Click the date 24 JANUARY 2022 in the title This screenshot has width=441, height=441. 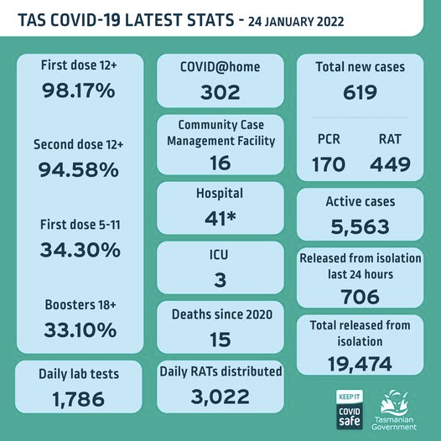coord(296,22)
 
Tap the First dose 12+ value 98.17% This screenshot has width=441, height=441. coord(79,91)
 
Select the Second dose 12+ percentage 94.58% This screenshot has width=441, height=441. coord(79,170)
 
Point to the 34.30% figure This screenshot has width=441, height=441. coord(80,250)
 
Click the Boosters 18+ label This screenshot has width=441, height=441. coord(80,304)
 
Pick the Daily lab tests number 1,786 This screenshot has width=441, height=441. coord(79,399)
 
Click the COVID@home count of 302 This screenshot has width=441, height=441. coord(220,92)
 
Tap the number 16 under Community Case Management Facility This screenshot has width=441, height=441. coord(220,163)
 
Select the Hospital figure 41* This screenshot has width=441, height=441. coord(220,218)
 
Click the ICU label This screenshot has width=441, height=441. coord(219,255)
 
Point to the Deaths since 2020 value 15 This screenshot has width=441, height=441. coord(220,340)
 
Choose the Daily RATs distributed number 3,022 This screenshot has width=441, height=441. coord(220,397)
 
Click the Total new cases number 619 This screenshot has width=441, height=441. coord(360,92)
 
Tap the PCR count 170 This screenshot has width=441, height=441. coord(329,164)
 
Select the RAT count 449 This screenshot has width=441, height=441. coord(390,164)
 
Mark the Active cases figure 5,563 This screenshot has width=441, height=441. coord(360,226)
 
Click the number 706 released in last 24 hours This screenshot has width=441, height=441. coord(360,297)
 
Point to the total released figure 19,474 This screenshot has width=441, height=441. coord(360,364)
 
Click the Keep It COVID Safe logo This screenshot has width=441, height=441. coord(350,409)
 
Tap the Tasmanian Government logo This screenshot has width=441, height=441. coord(394,410)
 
